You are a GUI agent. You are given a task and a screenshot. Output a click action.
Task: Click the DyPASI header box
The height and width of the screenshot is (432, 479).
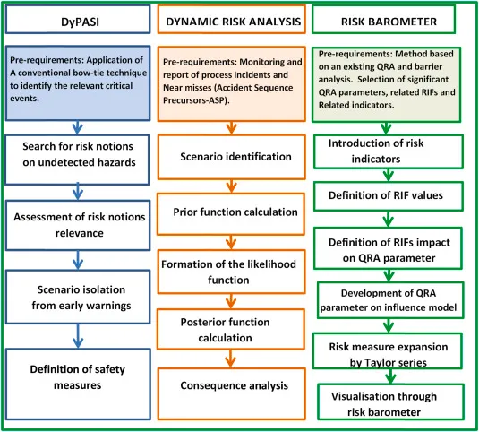click(78, 19)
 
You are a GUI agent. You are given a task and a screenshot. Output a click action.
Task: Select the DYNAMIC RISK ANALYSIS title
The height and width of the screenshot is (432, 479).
click(234, 22)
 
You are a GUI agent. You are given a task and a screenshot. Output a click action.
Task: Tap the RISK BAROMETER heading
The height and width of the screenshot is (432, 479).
click(389, 22)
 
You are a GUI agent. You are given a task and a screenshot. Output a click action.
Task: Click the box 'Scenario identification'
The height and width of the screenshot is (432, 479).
click(232, 157)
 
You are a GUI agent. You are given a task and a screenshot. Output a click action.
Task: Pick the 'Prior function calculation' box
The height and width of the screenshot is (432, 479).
click(231, 214)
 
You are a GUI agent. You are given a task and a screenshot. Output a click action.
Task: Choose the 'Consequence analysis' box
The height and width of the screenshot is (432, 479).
click(232, 393)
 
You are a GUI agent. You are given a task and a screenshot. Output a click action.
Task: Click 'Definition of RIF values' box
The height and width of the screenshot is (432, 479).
click(389, 196)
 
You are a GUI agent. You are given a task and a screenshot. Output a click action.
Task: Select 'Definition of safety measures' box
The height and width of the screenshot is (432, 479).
click(78, 384)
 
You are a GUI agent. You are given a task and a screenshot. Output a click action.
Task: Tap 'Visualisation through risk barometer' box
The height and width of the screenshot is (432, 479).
click(390, 402)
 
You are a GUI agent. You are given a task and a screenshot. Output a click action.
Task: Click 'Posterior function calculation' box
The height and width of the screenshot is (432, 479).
click(231, 329)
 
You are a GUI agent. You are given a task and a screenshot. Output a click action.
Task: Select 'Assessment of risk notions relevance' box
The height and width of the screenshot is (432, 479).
click(78, 225)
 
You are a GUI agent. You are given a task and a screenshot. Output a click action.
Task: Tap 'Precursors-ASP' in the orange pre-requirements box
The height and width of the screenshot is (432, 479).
click(195, 100)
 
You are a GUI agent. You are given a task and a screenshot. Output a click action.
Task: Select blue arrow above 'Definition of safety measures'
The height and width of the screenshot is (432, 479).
click(78, 336)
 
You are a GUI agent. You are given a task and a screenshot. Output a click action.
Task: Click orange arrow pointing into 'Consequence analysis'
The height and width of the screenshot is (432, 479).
click(231, 359)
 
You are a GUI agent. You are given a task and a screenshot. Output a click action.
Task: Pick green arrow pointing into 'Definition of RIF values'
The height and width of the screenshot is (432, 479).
click(389, 175)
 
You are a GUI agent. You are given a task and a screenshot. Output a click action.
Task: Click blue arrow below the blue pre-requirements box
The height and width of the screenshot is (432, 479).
click(77, 127)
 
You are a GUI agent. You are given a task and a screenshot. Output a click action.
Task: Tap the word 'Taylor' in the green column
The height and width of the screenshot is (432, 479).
click(376, 363)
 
